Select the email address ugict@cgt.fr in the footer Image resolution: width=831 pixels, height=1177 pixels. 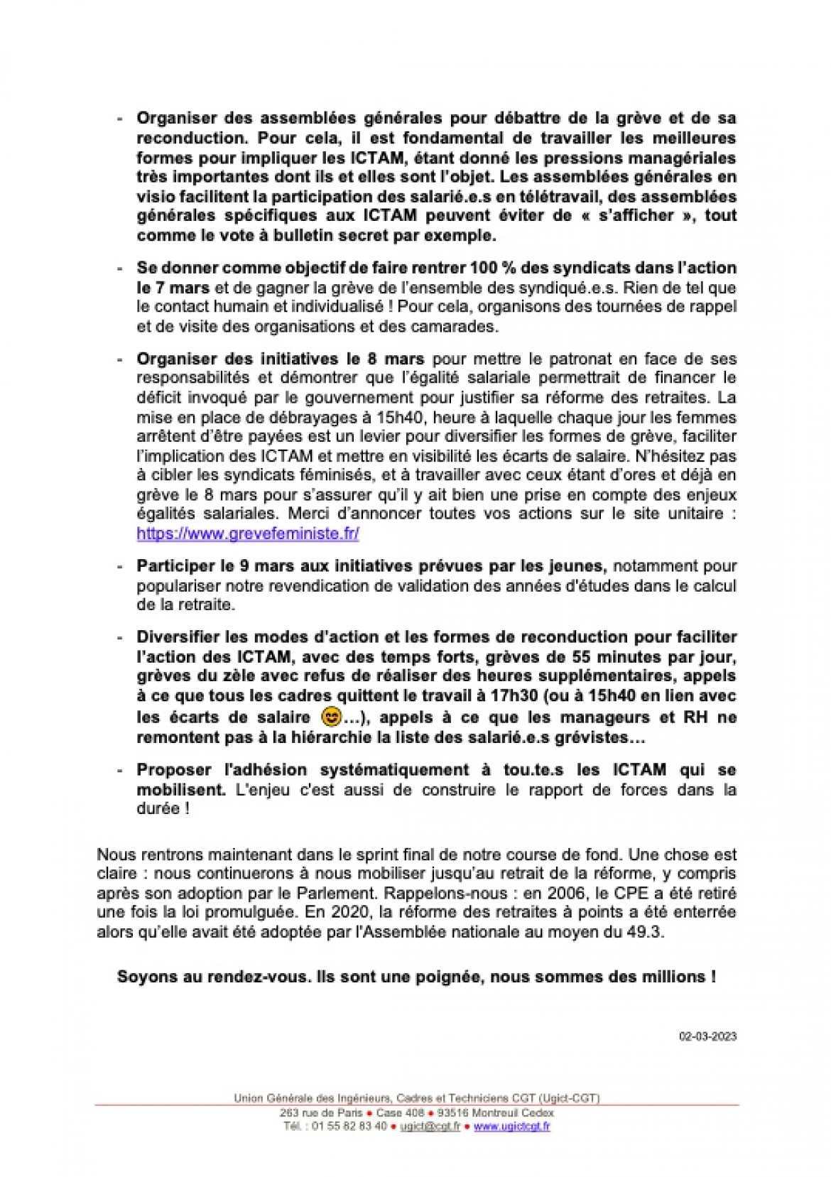click(420, 1126)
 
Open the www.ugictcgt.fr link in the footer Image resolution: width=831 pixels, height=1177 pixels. click(511, 1126)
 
